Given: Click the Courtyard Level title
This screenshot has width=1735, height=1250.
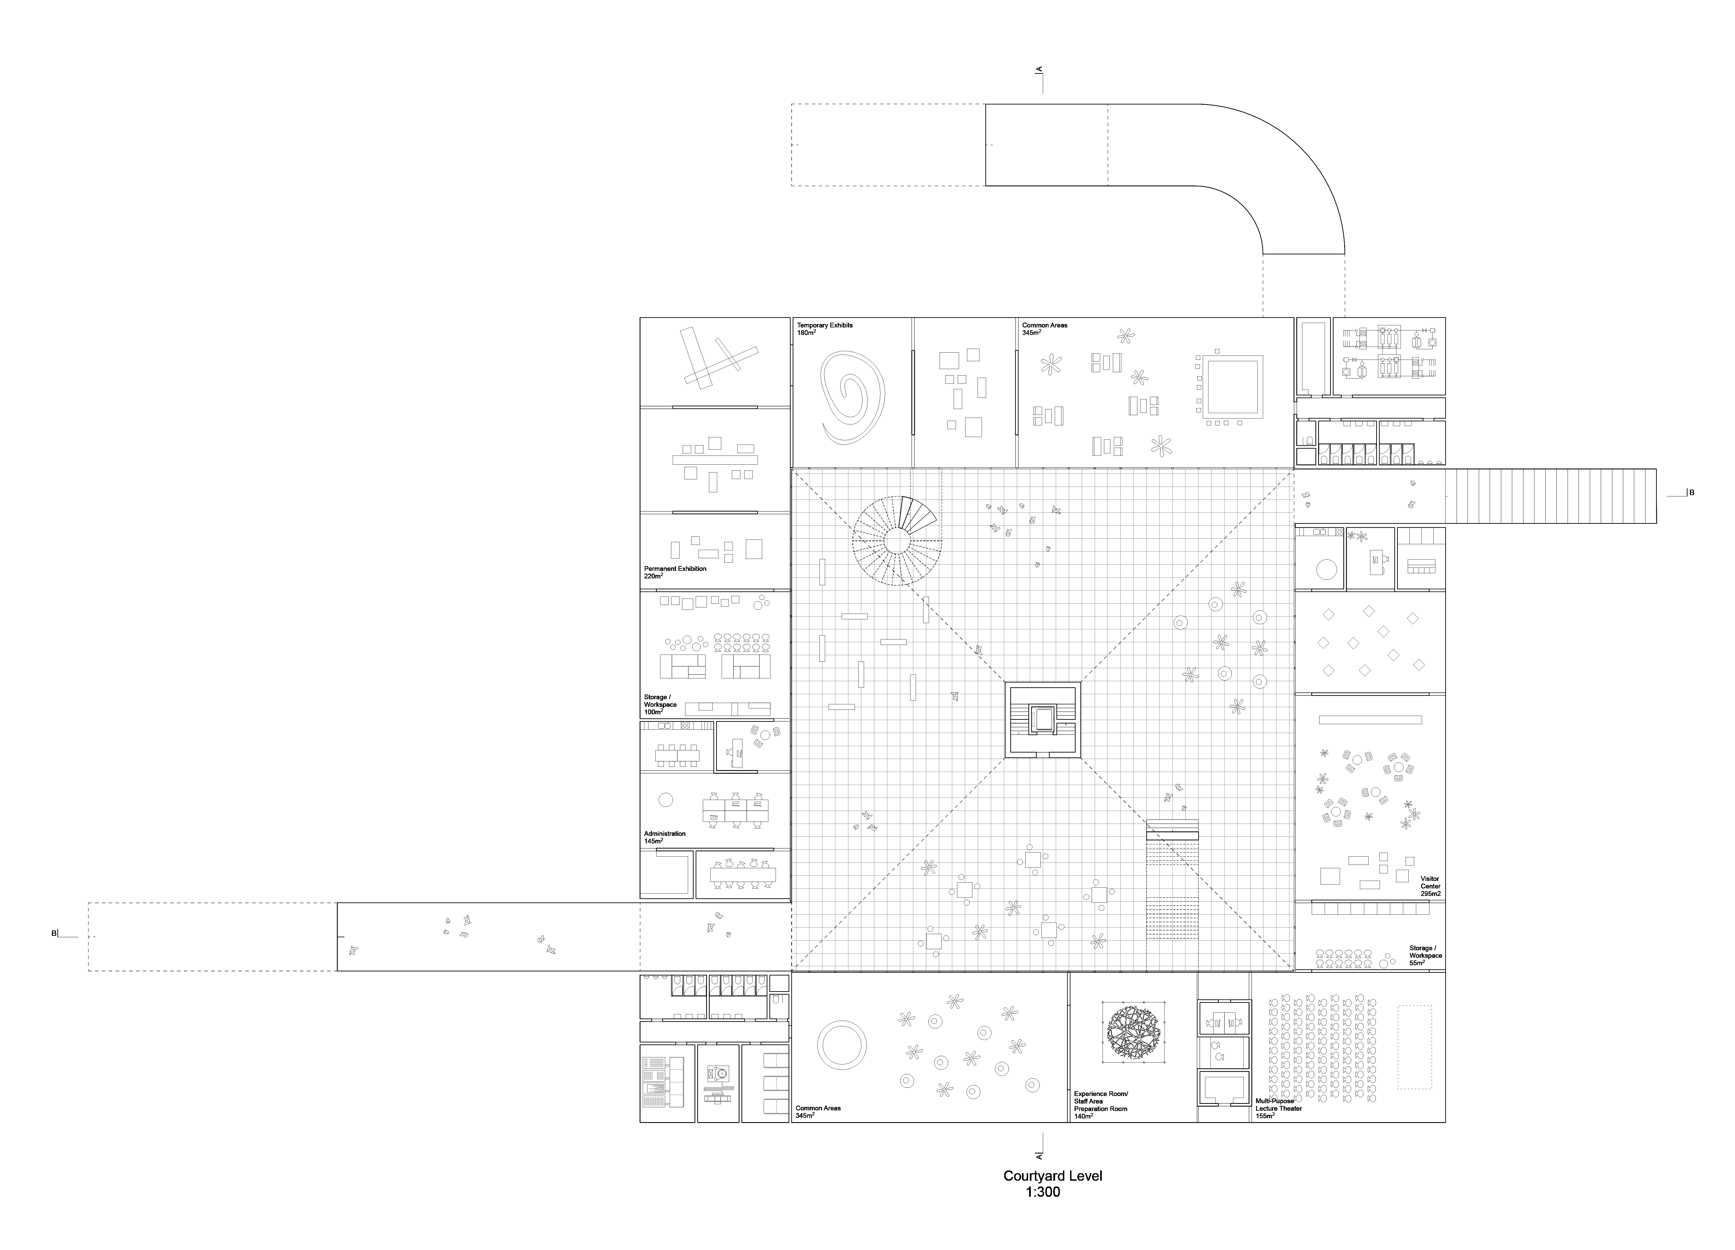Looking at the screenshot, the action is coord(1053,1176).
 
